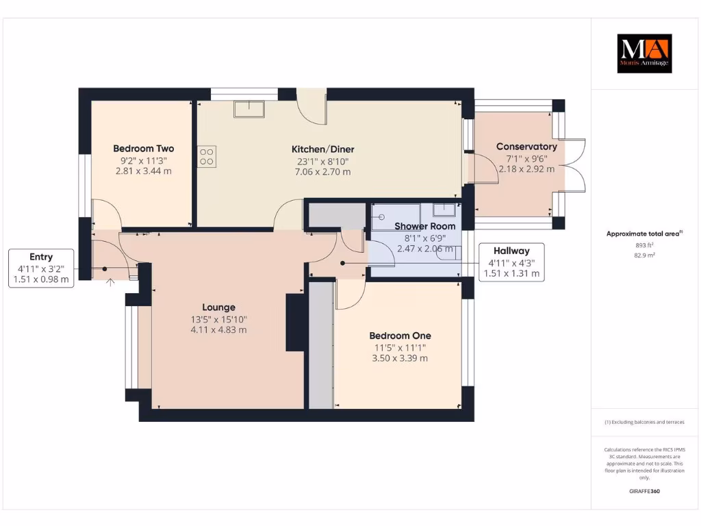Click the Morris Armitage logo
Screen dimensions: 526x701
tap(644, 53)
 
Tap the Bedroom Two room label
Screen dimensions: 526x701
tap(144, 149)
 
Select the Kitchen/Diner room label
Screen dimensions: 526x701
tap(322, 149)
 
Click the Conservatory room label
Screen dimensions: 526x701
tap(526, 147)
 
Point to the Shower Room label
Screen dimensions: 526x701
tap(424, 226)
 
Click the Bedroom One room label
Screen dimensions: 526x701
tap(400, 336)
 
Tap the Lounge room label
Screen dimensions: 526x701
tap(218, 308)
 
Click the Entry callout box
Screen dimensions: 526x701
tap(41, 268)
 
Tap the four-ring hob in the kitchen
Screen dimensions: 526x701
tap(207, 157)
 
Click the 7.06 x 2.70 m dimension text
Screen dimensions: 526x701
tap(322, 172)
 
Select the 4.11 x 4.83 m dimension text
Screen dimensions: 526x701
tap(218, 329)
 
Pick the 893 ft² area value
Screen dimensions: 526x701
tap(644, 245)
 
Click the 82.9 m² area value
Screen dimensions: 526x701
tap(644, 255)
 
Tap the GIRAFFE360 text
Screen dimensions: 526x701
tap(644, 491)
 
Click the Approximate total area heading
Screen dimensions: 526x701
tap(644, 234)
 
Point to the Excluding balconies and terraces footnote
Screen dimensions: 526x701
tap(644, 423)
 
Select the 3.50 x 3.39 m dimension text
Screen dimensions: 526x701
tap(400, 358)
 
